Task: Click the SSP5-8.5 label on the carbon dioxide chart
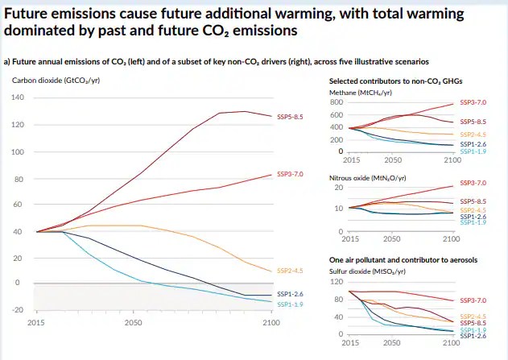290,117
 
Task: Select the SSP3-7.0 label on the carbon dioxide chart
290,174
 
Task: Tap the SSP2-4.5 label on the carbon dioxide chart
290,271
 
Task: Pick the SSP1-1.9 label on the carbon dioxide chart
290,304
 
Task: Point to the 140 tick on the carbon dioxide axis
18,97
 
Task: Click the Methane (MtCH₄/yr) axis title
361,93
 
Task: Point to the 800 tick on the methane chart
338,102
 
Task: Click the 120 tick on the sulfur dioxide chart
338,281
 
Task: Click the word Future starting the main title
29,14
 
